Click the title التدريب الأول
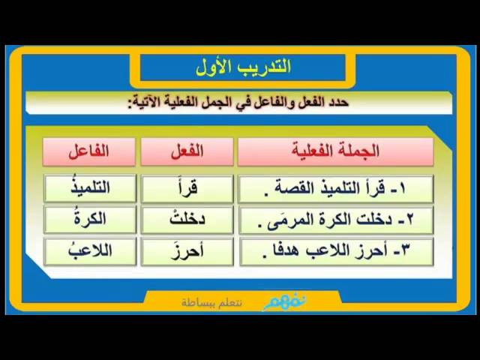(x=243, y=67)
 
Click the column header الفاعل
(x=89, y=151)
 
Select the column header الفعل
(x=187, y=151)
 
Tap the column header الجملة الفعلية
(x=335, y=151)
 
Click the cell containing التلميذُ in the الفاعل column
(x=90, y=188)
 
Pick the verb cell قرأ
(x=187, y=188)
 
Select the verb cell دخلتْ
(x=187, y=220)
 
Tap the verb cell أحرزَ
(x=187, y=251)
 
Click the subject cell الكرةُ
(x=90, y=220)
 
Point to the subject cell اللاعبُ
(x=90, y=251)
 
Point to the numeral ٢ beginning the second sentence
(x=409, y=220)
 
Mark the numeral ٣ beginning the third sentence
(x=405, y=251)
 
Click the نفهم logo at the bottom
(x=285, y=302)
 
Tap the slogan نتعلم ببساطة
(x=211, y=303)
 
